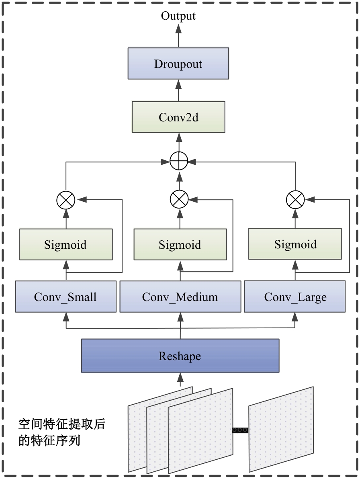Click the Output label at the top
point(178,16)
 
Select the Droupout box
point(178,63)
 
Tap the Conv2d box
point(178,117)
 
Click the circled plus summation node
point(179,162)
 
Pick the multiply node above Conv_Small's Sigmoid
point(66,199)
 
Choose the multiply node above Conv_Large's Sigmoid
point(295,199)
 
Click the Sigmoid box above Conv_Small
point(66,244)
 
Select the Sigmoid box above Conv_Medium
point(180,245)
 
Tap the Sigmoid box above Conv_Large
point(295,244)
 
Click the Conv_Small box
point(66,297)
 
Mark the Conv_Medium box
point(180,297)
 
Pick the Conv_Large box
point(295,297)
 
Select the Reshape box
point(180,356)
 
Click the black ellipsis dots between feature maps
point(240,430)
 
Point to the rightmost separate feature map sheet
point(281,429)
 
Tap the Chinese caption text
point(61,432)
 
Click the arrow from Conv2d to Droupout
point(178,90)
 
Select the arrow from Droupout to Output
point(178,35)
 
